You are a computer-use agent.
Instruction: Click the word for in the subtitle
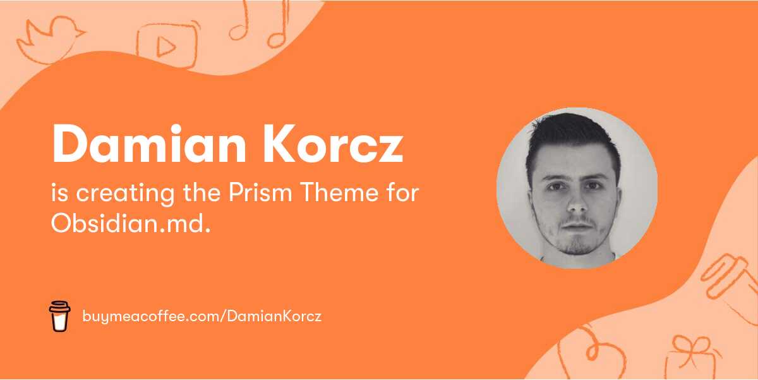click(x=403, y=193)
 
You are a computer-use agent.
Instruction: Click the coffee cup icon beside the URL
click(x=59, y=316)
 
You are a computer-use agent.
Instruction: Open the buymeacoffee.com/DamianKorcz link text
click(x=202, y=316)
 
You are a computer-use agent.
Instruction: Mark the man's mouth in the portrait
click(x=577, y=225)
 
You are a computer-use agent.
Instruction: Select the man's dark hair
click(x=572, y=136)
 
